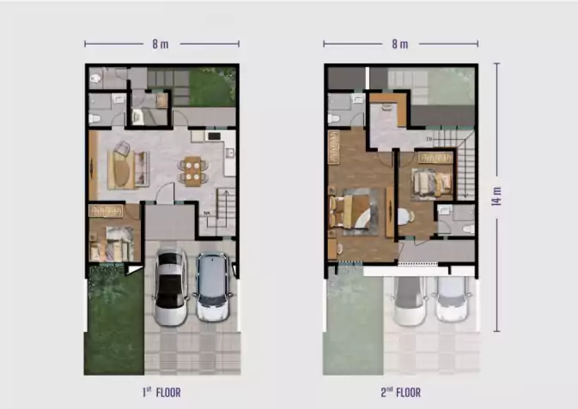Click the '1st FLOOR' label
[161, 393]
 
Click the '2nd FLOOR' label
[401, 393]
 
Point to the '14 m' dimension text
[496, 196]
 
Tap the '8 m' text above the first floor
[161, 45]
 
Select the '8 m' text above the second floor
[400, 45]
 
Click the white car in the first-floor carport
[170, 286]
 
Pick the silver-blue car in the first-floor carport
[214, 286]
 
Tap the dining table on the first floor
[192, 171]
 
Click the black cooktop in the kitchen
[214, 136]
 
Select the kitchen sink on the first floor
[230, 153]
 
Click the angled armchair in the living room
[122, 148]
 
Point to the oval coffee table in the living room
[120, 170]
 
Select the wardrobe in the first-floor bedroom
[106, 211]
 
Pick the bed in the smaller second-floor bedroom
[432, 183]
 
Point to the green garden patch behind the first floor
[212, 86]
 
